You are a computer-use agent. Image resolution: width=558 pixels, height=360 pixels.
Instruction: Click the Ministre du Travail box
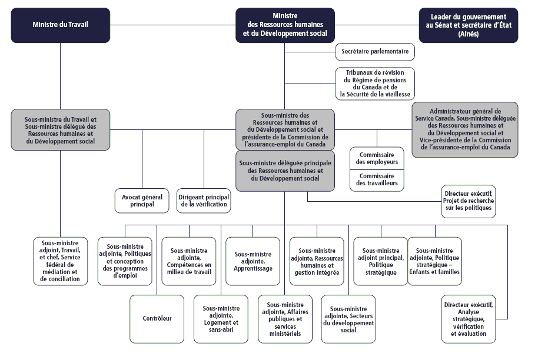pos(61,25)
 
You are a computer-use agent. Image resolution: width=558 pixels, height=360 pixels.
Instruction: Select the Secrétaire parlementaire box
pos(375,52)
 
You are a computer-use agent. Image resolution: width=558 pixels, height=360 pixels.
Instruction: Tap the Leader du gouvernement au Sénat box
pos(469,25)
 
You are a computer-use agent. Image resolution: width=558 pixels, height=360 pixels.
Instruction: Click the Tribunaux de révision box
pos(375,84)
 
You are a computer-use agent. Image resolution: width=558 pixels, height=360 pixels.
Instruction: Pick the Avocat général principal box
pos(142,201)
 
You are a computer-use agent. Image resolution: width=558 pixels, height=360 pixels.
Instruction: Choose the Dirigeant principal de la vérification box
pos(204,201)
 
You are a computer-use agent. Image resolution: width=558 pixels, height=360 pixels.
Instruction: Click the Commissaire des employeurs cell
pos(377,159)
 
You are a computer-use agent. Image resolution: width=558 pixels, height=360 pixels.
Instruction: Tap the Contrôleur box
pos(157,319)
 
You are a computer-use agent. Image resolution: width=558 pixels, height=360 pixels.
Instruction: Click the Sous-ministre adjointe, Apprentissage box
pos(253,261)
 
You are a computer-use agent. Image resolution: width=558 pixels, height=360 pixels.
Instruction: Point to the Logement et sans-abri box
pos(221,319)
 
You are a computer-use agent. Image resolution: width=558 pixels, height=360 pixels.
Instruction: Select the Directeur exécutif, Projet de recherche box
pos(469,201)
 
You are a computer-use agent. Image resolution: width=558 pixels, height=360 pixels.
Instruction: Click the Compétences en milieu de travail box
pos(189,261)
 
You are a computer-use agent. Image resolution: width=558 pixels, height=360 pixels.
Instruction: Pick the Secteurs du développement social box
pos(348,319)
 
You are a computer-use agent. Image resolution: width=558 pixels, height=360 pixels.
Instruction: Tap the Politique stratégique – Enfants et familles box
pos(434,261)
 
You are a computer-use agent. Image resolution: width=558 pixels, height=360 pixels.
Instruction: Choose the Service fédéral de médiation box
pos(61,261)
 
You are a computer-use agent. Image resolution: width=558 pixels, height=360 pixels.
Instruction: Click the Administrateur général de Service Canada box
pos(465,129)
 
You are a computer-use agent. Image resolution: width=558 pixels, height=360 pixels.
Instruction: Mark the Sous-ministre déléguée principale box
pos(285,171)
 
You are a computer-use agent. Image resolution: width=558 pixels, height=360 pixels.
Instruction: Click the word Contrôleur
pos(157,319)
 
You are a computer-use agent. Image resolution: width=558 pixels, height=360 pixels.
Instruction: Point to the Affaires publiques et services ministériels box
pos(285,319)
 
